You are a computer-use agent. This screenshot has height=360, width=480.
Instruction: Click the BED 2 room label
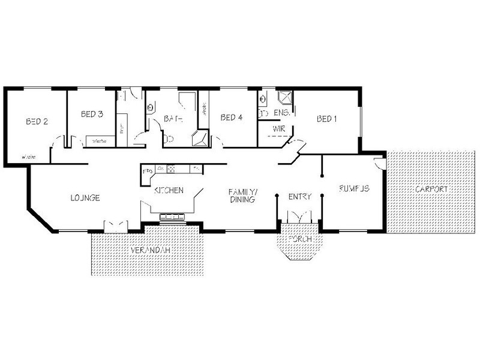click(x=37, y=121)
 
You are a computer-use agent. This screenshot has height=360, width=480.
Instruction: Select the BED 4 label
click(x=231, y=118)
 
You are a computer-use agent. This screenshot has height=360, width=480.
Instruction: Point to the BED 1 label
click(x=326, y=118)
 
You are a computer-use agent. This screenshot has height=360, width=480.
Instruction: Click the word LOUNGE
click(x=85, y=197)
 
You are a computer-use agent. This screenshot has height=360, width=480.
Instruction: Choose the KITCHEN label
click(x=169, y=190)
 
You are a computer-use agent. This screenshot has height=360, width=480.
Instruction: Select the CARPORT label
click(x=430, y=189)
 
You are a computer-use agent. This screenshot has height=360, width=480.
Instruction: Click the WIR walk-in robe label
click(x=278, y=129)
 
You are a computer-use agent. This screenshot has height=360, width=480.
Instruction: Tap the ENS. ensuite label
click(x=281, y=112)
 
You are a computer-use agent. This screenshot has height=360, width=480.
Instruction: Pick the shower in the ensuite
click(x=283, y=97)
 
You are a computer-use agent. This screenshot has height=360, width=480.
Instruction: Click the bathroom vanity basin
click(x=151, y=107)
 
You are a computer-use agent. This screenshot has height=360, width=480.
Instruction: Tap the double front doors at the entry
click(x=298, y=217)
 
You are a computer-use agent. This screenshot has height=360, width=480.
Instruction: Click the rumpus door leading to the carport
click(x=377, y=163)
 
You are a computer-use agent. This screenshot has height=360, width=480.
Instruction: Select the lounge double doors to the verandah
click(x=114, y=225)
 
